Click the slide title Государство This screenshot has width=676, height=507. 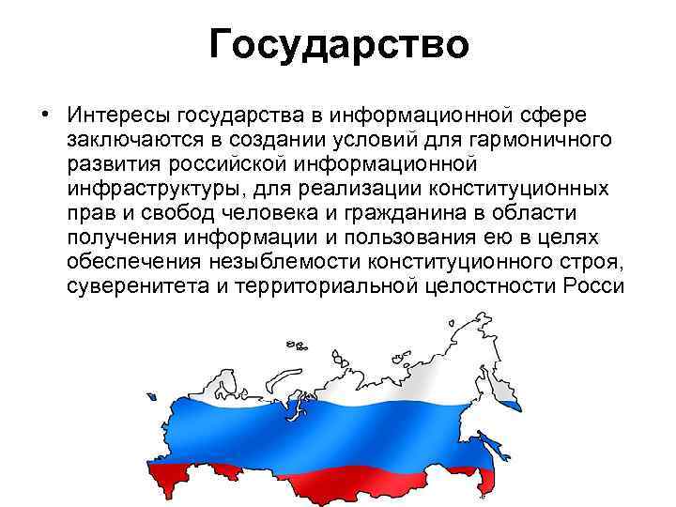pos(338,45)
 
